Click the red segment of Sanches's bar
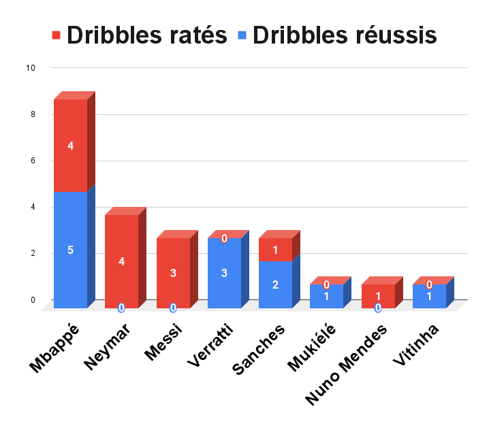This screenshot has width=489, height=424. click(x=275, y=250)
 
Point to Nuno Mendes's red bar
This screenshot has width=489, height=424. click(x=378, y=297)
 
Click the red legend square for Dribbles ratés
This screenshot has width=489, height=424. click(x=56, y=35)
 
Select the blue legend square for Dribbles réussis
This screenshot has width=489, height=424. click(x=242, y=35)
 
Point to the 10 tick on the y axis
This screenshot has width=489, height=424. click(x=30, y=68)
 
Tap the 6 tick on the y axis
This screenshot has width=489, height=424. click(x=32, y=161)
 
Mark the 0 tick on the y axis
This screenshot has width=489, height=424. click(x=32, y=299)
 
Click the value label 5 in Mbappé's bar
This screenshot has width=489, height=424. click(x=71, y=250)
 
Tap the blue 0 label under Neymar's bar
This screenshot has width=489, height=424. click(x=121, y=308)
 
